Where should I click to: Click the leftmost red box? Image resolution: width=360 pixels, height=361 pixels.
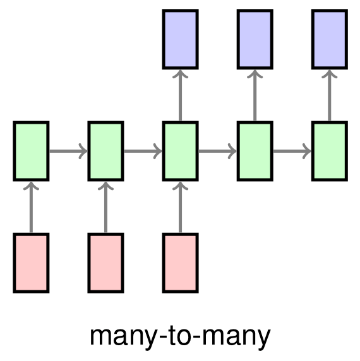(x=31, y=263)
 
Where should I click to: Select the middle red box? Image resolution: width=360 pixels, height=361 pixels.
(x=105, y=263)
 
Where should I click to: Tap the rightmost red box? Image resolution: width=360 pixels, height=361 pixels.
(x=181, y=263)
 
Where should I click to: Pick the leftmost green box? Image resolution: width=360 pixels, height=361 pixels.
(x=31, y=151)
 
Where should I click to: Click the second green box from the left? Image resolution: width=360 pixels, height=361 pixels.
(x=105, y=151)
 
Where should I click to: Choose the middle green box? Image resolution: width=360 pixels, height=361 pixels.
(x=181, y=151)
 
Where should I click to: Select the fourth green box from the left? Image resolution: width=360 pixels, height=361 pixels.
(x=255, y=151)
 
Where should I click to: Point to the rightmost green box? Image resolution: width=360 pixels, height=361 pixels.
(x=330, y=151)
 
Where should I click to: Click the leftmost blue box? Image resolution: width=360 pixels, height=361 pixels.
(x=181, y=39)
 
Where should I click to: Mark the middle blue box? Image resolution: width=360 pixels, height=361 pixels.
(x=255, y=39)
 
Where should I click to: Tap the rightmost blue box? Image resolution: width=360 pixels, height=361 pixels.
(x=330, y=39)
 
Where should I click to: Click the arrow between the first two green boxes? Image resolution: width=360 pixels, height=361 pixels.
(x=68, y=151)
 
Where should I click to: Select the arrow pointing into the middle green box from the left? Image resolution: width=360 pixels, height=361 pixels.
(x=143, y=151)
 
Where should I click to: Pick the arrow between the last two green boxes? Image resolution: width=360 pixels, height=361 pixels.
(x=292, y=151)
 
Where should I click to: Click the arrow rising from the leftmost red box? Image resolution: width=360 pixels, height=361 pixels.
(x=31, y=207)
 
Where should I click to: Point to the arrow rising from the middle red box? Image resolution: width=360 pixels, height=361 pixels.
(x=105, y=207)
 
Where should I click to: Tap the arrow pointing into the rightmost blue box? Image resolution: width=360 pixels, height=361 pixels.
(x=330, y=95)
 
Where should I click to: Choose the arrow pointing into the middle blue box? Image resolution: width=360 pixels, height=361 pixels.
(x=255, y=95)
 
